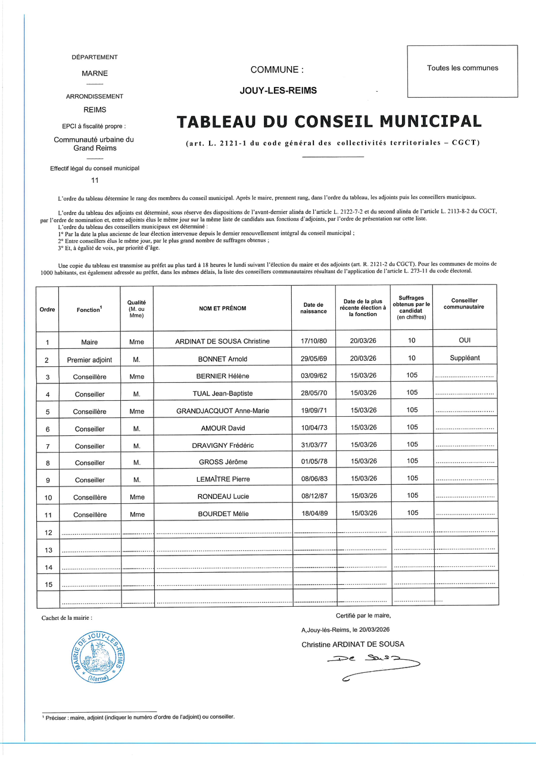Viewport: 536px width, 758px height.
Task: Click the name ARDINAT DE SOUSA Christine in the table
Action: point(222,341)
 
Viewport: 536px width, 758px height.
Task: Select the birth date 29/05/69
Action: point(313,358)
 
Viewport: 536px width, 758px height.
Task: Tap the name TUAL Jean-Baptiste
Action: point(222,393)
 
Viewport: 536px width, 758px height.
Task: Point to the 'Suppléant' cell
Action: point(465,358)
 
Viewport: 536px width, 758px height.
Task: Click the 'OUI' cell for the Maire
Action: point(465,341)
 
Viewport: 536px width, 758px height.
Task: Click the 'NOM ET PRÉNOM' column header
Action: point(222,308)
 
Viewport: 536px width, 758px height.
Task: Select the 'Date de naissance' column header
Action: point(313,308)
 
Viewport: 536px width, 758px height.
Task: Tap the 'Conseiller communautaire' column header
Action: point(465,304)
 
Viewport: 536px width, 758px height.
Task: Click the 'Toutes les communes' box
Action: point(462,68)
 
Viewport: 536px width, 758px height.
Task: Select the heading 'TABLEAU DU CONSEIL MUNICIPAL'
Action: point(329,121)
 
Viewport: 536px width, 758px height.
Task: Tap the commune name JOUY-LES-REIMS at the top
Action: point(278,91)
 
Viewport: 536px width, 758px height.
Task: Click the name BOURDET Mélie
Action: point(222,513)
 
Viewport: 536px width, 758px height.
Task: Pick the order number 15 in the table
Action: point(48,584)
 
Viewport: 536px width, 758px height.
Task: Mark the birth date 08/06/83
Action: point(313,479)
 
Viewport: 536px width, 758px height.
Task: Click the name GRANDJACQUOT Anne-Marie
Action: point(222,411)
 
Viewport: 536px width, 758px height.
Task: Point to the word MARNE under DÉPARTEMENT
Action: point(95,74)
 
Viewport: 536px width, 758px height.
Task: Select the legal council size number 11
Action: point(95,180)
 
